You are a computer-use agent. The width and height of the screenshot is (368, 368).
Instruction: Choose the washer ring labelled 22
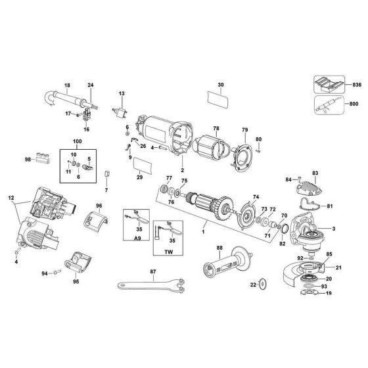click(x=263, y=284)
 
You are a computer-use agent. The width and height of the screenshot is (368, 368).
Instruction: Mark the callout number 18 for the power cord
click(x=66, y=86)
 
